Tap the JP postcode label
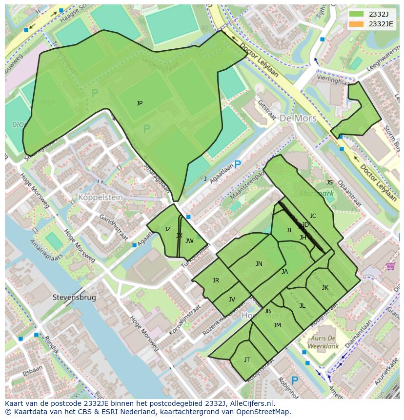[140, 103]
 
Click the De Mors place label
[298, 119]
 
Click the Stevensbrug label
[74, 297]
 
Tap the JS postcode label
[329, 182]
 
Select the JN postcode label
[259, 264]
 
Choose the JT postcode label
[247, 360]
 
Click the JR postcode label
[216, 280]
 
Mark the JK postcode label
[325, 288]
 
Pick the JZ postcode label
[167, 229]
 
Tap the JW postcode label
[189, 240]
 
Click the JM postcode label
[277, 325]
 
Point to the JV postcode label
[232, 300]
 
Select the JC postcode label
[313, 216]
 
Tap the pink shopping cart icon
[390, 266]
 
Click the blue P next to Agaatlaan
[238, 165]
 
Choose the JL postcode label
[302, 306]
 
